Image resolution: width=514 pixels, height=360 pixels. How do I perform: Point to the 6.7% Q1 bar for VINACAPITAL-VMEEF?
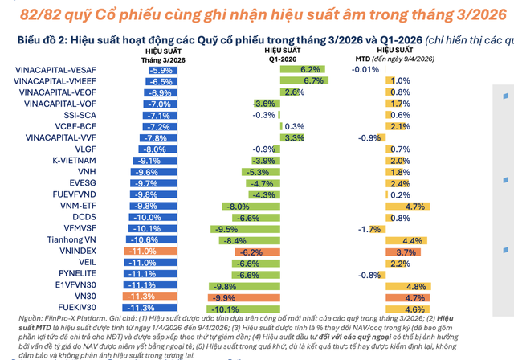303,81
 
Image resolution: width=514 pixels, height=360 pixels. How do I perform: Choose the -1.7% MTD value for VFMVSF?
367,229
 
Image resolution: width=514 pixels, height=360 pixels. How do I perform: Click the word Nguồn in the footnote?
19,319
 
